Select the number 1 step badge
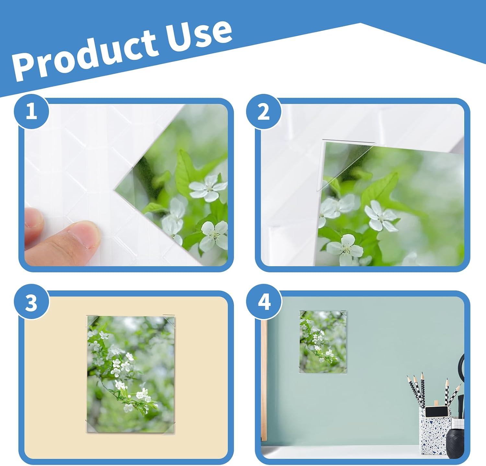tap(31, 112)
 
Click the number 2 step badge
tap(263, 112)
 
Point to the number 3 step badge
tap(31, 302)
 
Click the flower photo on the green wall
tap(323, 342)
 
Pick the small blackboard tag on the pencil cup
tap(436, 411)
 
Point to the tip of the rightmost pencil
tap(460, 385)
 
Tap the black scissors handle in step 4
tap(462, 366)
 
